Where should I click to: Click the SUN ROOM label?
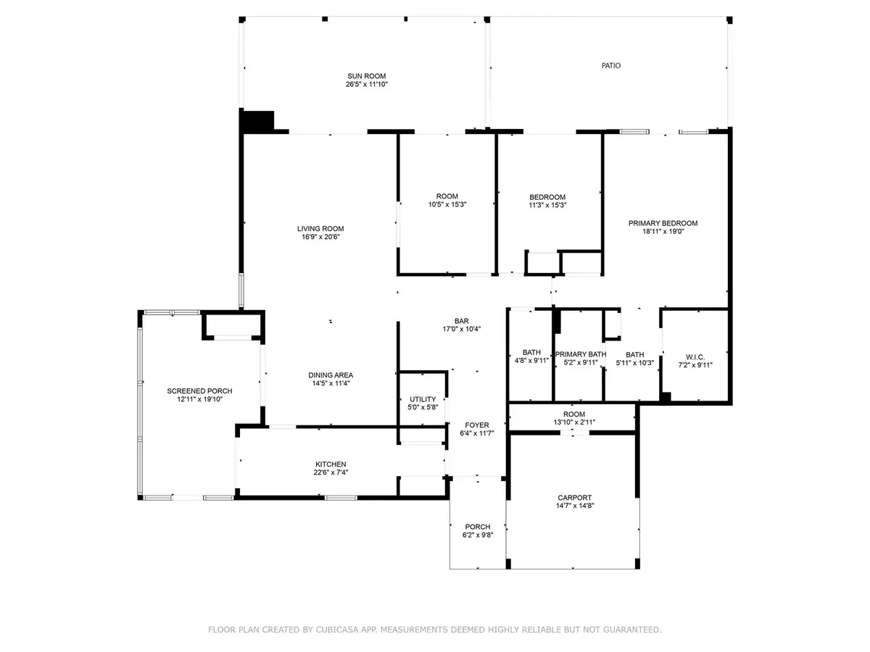[x=366, y=76]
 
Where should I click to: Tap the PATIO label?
[x=610, y=66]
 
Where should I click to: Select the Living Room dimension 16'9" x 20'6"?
[x=320, y=237]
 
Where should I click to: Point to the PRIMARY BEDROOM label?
[x=663, y=223]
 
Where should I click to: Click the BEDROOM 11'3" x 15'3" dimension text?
[x=547, y=205]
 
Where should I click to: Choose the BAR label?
[x=461, y=321]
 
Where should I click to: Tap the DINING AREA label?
[x=331, y=375]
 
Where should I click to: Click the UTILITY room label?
[x=423, y=399]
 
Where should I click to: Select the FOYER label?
[x=477, y=425]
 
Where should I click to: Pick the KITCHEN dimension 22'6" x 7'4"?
[x=331, y=472]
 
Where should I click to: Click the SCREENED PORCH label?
[x=199, y=391]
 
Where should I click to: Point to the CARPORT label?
[x=574, y=498]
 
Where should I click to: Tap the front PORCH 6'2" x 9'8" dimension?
[x=477, y=535]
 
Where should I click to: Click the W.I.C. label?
[x=695, y=357]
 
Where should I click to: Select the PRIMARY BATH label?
[x=580, y=354]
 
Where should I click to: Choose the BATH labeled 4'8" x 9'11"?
[x=531, y=352]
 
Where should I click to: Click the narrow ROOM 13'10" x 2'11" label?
[x=574, y=414]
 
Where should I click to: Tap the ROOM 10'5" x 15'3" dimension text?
[x=447, y=205]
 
